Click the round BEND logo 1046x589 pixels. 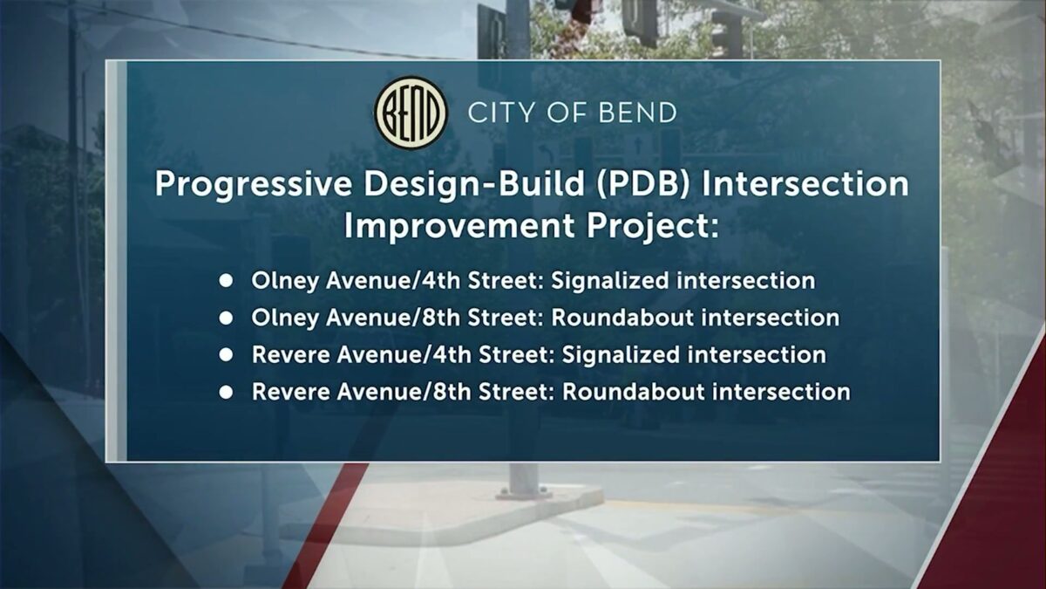[411, 113]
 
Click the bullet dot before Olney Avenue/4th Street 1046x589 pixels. [226, 281]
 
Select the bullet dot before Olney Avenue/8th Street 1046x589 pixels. [226, 318]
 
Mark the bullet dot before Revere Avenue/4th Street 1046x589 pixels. [226, 355]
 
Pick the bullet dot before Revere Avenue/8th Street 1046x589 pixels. [226, 392]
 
